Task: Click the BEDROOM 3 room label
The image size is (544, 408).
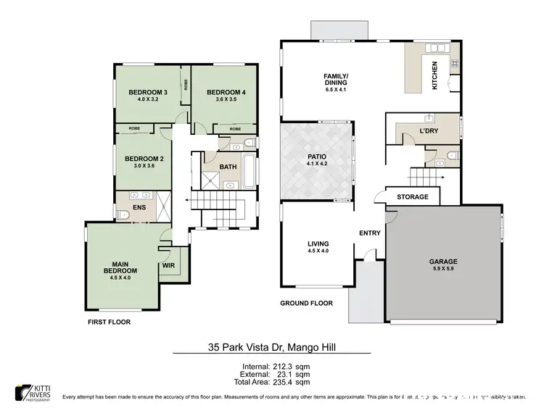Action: [148, 92]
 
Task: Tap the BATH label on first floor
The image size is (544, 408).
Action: [228, 167]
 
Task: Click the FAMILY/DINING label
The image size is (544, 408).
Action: [336, 79]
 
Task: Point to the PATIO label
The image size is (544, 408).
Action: [317, 156]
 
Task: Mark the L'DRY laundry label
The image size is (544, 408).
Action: [411, 131]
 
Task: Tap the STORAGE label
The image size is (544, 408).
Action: [412, 196]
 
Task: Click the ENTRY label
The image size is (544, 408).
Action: [370, 233]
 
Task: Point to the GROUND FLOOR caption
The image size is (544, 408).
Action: [306, 304]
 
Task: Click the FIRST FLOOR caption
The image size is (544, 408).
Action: [109, 321]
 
